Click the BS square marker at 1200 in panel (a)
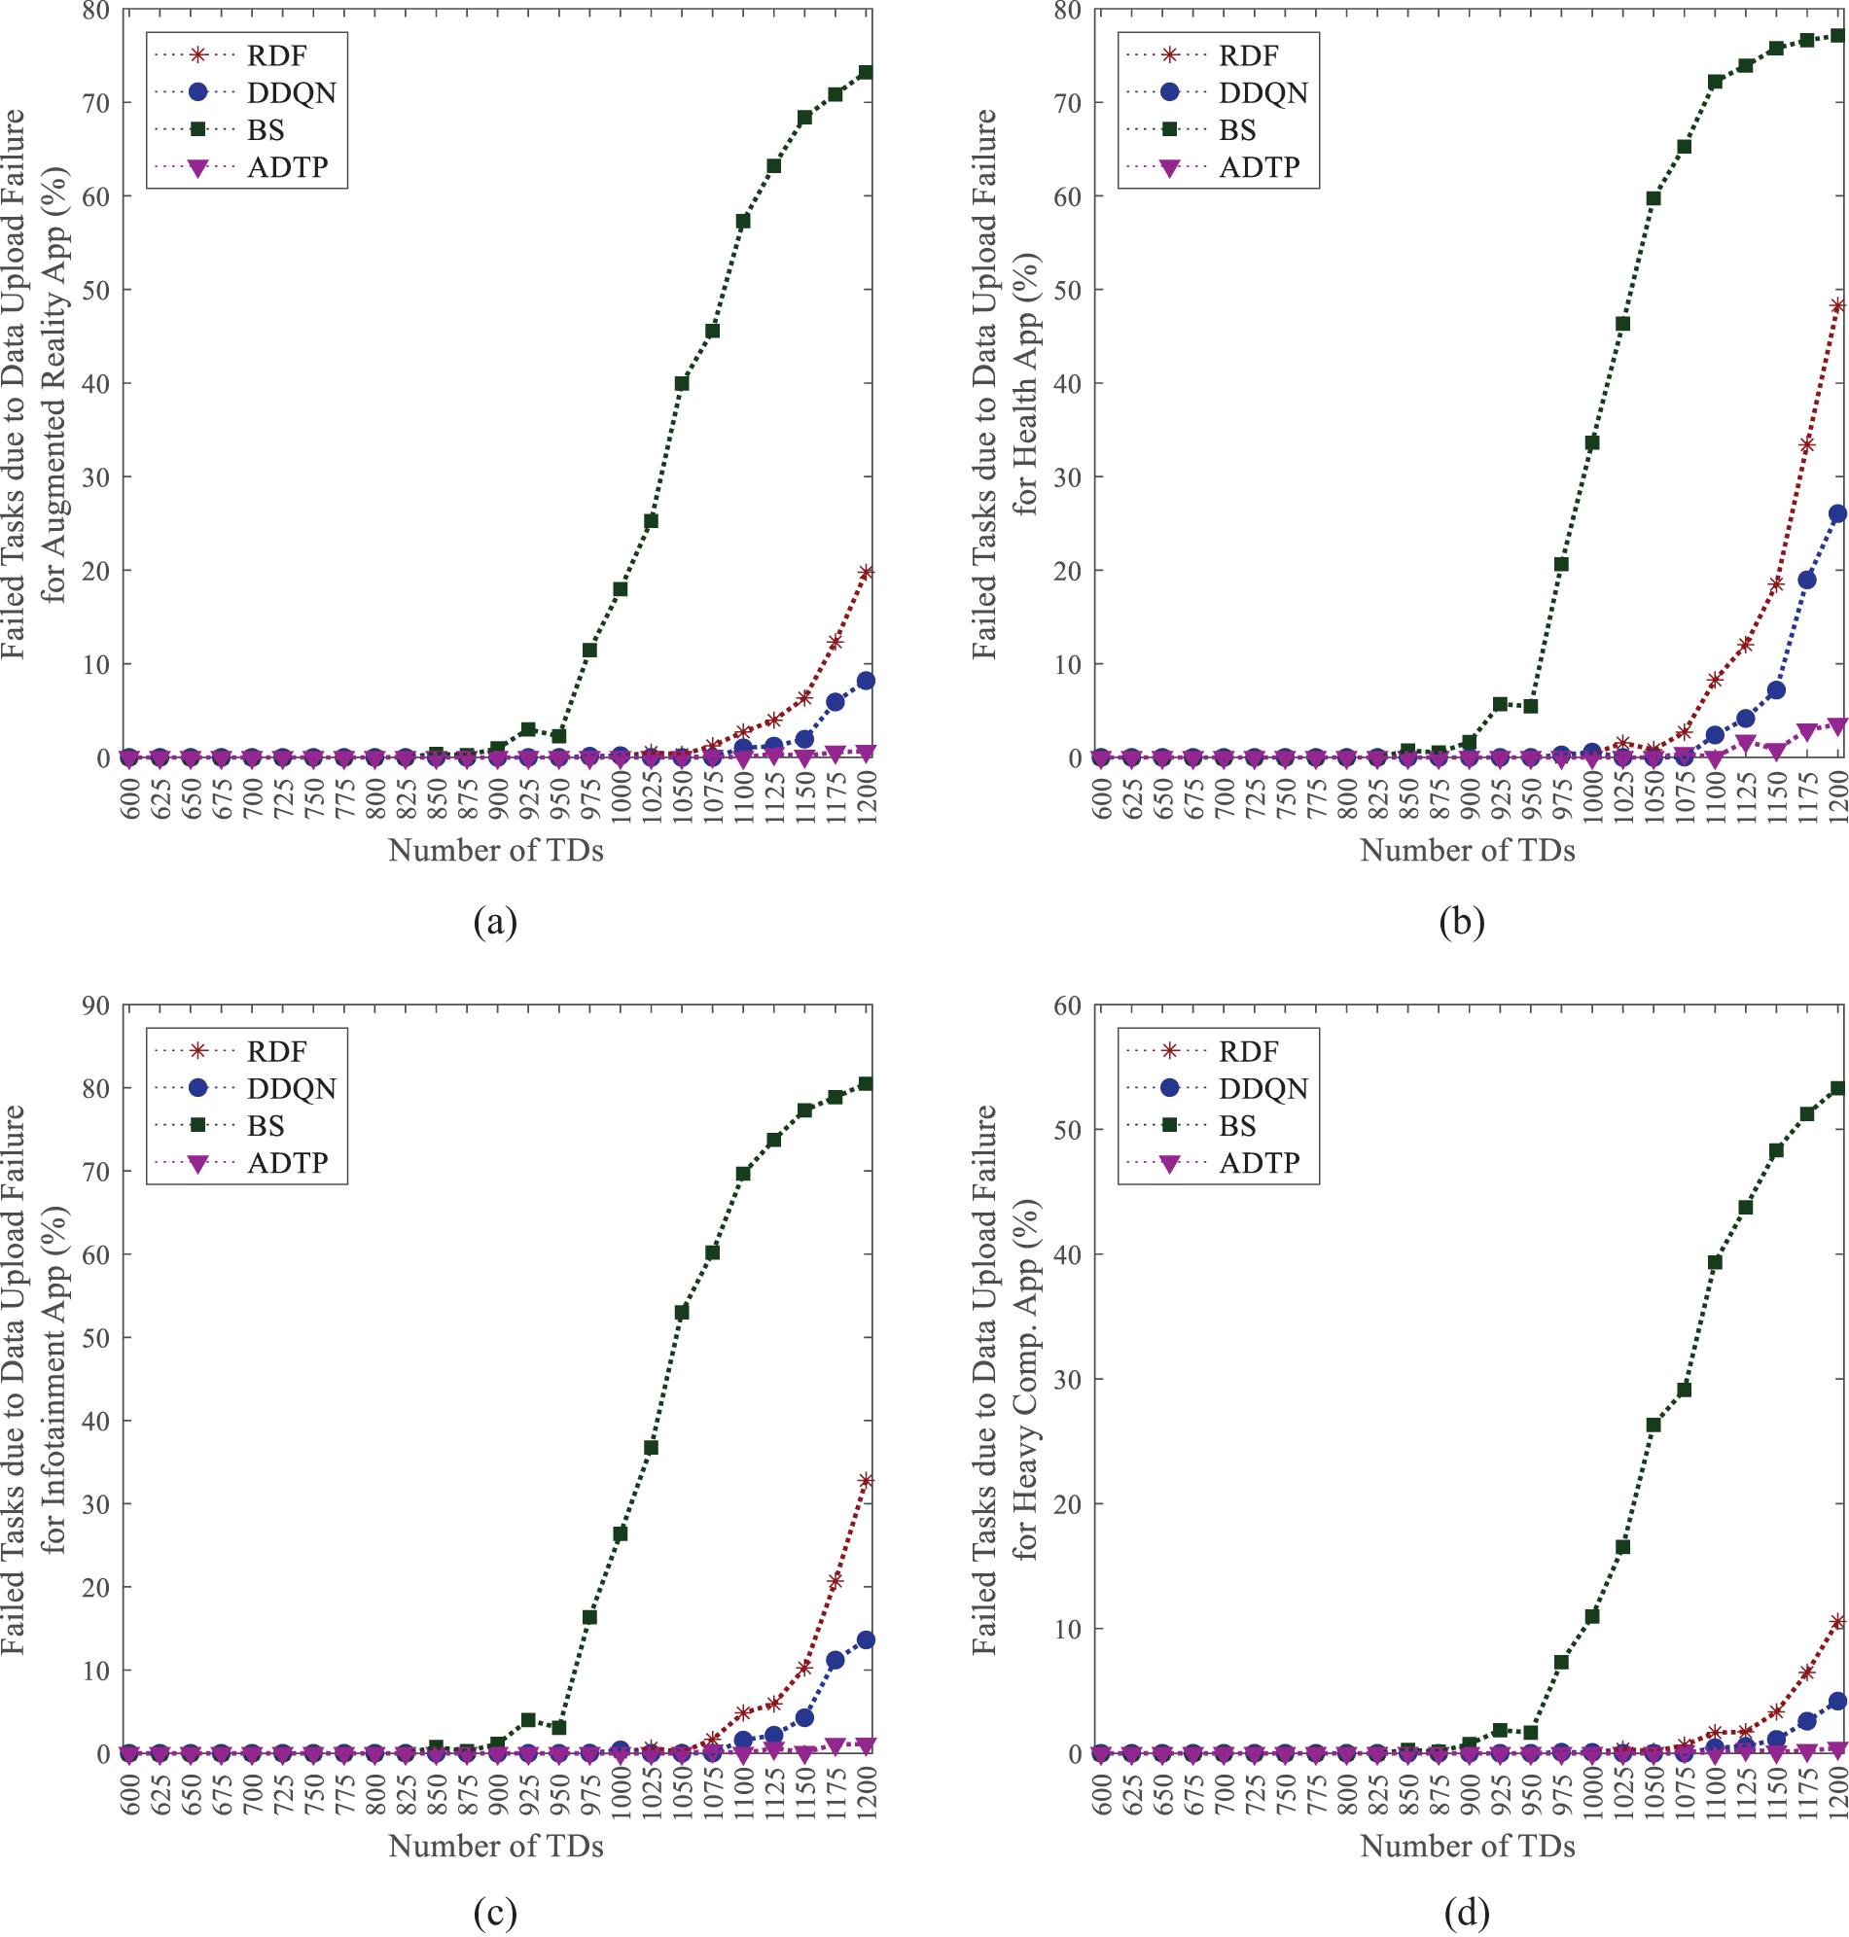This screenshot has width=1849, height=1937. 866,72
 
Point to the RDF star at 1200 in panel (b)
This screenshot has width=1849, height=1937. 1837,305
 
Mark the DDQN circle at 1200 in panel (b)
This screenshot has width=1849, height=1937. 1837,513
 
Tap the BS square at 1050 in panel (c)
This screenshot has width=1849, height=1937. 681,1313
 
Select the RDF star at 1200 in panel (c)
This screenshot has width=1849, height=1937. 866,1480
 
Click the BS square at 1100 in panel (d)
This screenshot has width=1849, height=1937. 1715,1262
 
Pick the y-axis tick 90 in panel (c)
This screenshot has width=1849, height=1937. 96,1004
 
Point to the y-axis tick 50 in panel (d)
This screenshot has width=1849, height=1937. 1068,1130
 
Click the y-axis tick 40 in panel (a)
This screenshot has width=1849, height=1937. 96,383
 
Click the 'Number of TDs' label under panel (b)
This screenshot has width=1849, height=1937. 1468,850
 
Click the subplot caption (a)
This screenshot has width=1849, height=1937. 495,922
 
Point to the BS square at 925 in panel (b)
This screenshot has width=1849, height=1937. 1500,703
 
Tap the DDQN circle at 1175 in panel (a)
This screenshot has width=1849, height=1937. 835,701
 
